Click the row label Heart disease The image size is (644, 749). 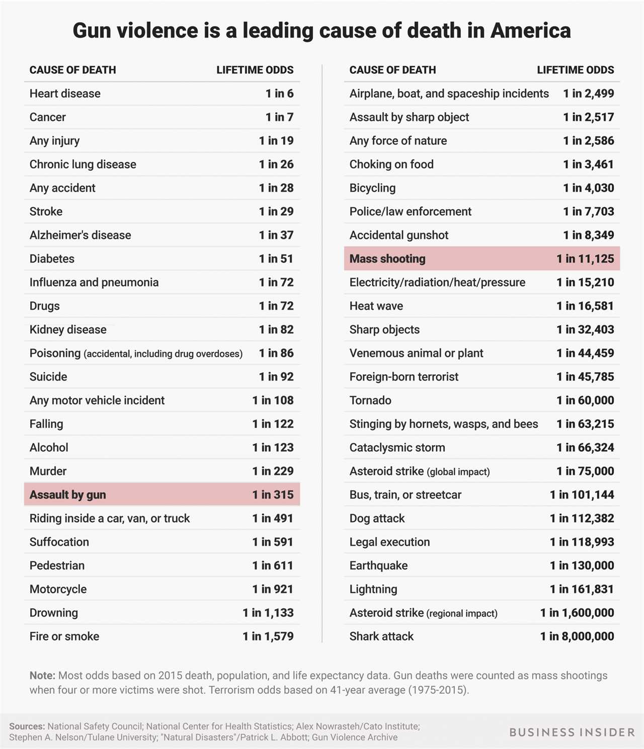pos(65,94)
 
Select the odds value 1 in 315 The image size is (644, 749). pos(273,494)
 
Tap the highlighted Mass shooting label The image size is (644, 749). pos(387,259)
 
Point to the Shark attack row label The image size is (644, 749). pos(381,636)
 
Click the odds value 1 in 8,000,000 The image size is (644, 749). pos(577,636)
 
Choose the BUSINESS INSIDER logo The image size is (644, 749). pos(572,732)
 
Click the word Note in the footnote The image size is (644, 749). pos(42,676)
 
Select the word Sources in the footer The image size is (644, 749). pos(27,726)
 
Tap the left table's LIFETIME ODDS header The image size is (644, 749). pos(255,70)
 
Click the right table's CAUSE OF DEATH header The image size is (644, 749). pos(392,70)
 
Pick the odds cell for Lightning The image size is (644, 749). pos(582,589)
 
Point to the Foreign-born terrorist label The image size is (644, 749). pos(404,377)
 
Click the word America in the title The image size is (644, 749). pos(530,31)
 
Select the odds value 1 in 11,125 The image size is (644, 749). pos(585,259)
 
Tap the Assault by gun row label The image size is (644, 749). pos(67,494)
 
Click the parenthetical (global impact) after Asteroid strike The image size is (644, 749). pos(458,472)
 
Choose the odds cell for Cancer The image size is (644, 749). pos(279,117)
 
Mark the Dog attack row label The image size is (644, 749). pos(377,518)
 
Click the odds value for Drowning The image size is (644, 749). pos(268,613)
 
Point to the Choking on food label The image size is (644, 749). pos(391,164)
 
